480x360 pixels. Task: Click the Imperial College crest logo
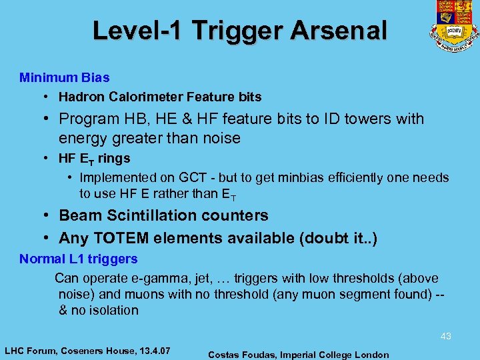coord(453,25)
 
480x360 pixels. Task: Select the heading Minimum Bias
coord(65,77)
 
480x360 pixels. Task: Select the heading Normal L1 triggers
coord(79,259)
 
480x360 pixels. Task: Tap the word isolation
coord(109,310)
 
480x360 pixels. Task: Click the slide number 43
coord(445,337)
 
